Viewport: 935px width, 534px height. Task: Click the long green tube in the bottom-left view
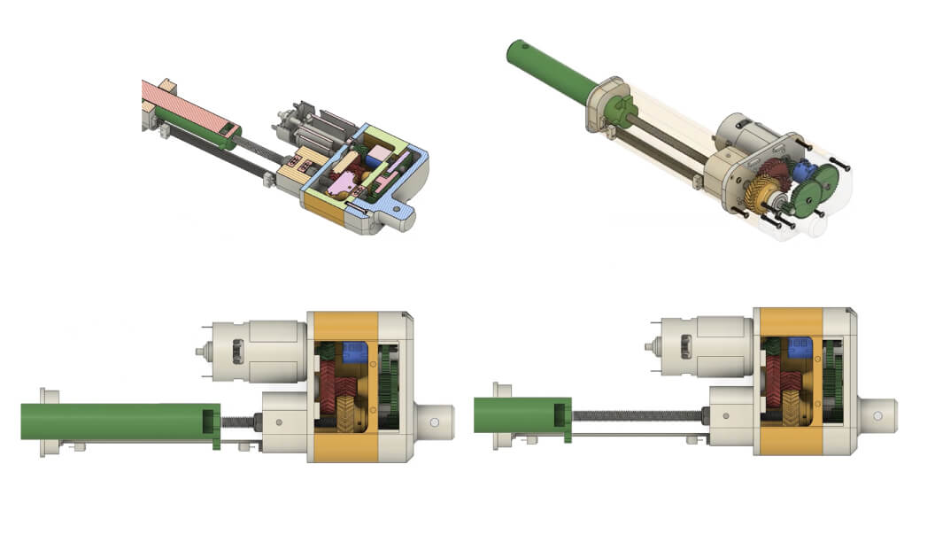(115, 422)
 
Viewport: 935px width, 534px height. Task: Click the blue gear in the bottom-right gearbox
(800, 346)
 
